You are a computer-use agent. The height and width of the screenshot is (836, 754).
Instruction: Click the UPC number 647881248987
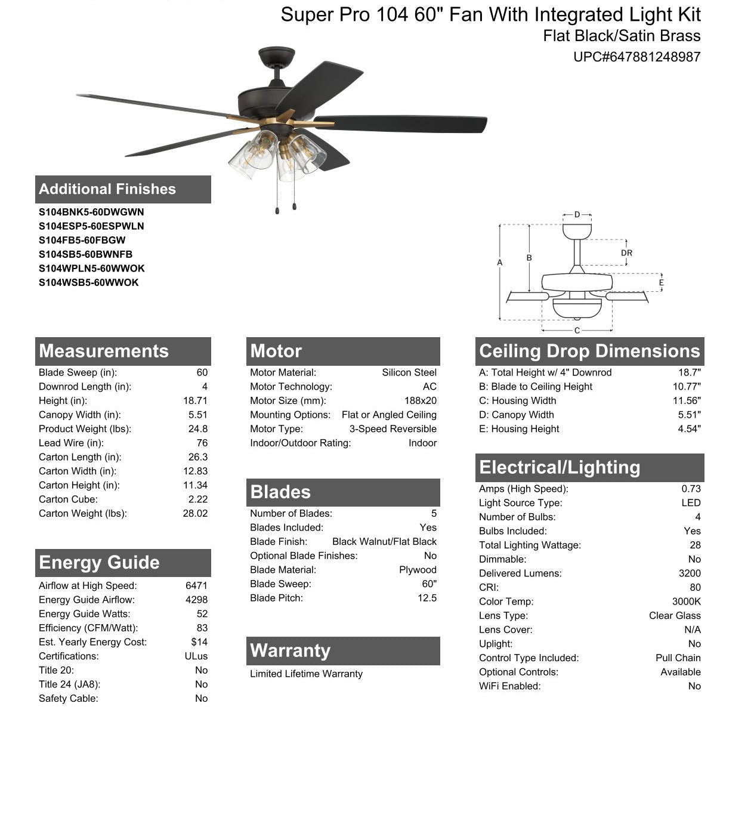(x=636, y=57)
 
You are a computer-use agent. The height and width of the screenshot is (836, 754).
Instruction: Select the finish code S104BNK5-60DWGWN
(x=91, y=212)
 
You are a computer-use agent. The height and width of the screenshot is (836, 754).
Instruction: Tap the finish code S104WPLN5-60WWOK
(x=91, y=269)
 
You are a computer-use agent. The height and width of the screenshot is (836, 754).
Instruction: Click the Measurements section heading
(x=104, y=351)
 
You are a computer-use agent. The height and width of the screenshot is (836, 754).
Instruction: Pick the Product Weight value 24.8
(x=197, y=429)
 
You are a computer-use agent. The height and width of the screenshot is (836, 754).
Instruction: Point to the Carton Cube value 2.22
(x=197, y=499)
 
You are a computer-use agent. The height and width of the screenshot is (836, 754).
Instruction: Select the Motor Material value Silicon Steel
(x=409, y=373)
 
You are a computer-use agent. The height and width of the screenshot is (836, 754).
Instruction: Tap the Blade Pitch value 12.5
(x=427, y=599)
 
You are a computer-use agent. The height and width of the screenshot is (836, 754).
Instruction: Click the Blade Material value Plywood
(x=418, y=570)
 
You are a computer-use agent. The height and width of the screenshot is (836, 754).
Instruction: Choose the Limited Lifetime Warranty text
(x=306, y=674)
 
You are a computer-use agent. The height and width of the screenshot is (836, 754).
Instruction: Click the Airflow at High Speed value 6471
(x=196, y=586)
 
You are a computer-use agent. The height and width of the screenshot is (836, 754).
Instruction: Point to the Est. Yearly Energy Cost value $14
(x=199, y=643)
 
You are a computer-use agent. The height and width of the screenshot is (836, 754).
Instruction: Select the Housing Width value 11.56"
(x=687, y=401)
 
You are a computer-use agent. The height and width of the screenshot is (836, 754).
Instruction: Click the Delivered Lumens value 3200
(x=690, y=573)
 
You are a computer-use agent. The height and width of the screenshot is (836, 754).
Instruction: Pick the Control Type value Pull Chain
(x=678, y=658)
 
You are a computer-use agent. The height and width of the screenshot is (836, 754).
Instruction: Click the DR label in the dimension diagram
(x=626, y=253)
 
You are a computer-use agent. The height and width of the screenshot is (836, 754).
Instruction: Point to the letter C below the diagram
(x=577, y=331)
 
